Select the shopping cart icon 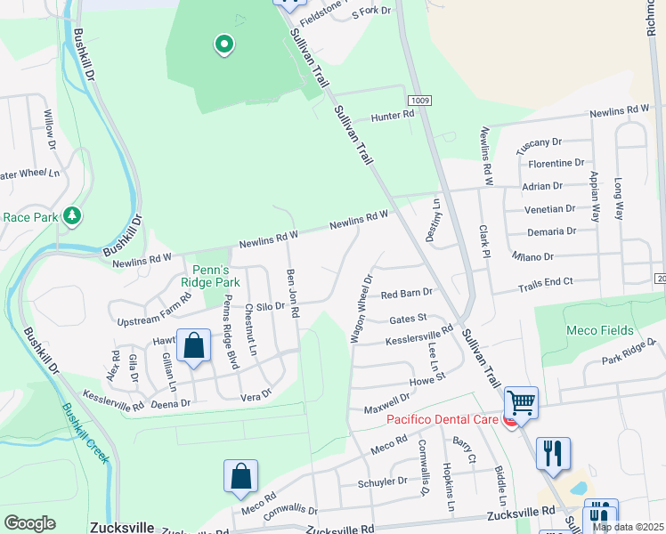point(521,402)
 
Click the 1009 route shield point(420,100)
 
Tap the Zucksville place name point(122,527)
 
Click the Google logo point(29,523)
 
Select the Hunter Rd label point(393,115)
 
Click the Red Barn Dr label point(406,292)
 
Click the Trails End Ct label point(546,280)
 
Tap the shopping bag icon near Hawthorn point(193,346)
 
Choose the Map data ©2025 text point(629,527)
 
